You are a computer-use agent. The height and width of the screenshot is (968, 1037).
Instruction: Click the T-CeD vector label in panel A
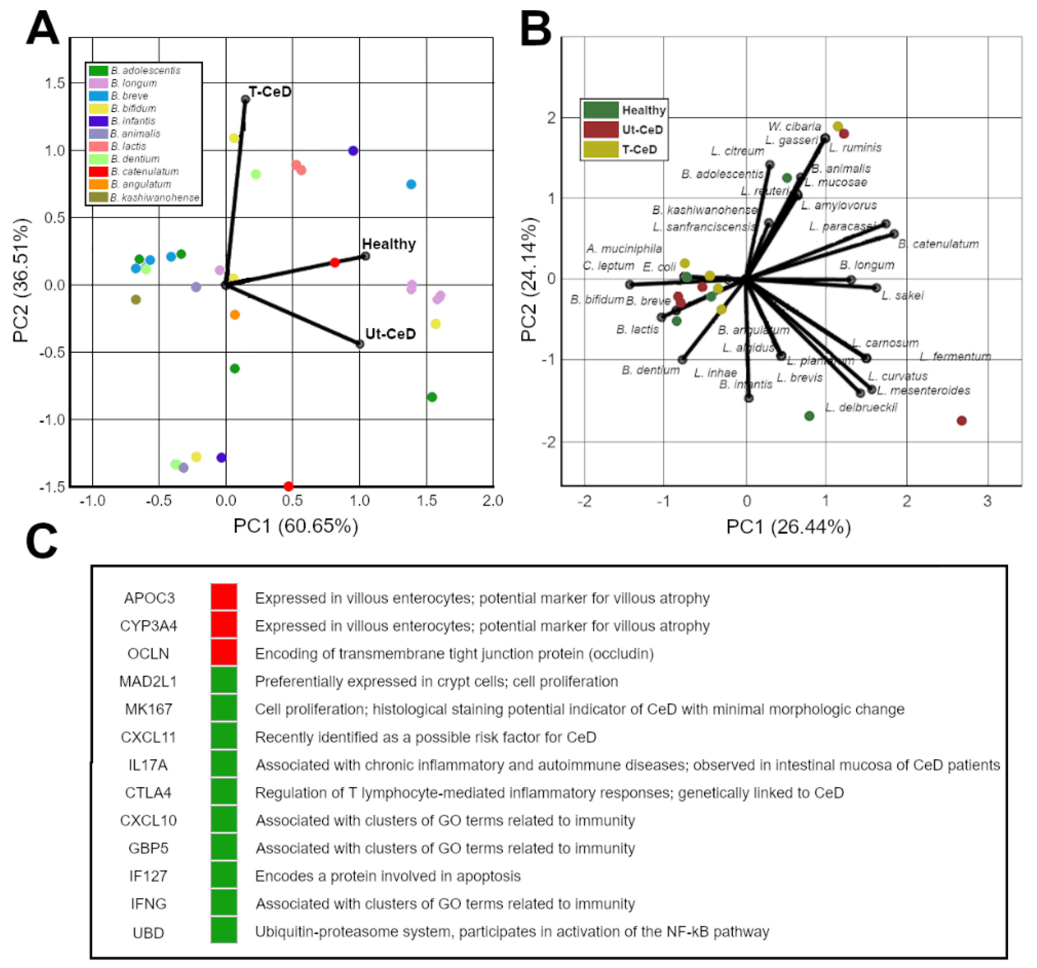[x=270, y=92]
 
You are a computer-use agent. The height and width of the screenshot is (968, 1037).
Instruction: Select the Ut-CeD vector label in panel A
[x=390, y=334]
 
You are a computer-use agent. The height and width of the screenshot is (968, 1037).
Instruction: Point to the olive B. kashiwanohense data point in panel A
[x=136, y=300]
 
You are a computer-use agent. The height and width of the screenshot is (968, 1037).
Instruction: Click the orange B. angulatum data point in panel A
[x=235, y=315]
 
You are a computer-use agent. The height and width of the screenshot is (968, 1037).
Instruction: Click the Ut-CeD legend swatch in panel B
[x=600, y=129]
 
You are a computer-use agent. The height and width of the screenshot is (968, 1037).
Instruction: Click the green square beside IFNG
[x=224, y=903]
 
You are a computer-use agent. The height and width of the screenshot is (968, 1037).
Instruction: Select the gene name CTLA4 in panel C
[x=148, y=793]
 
